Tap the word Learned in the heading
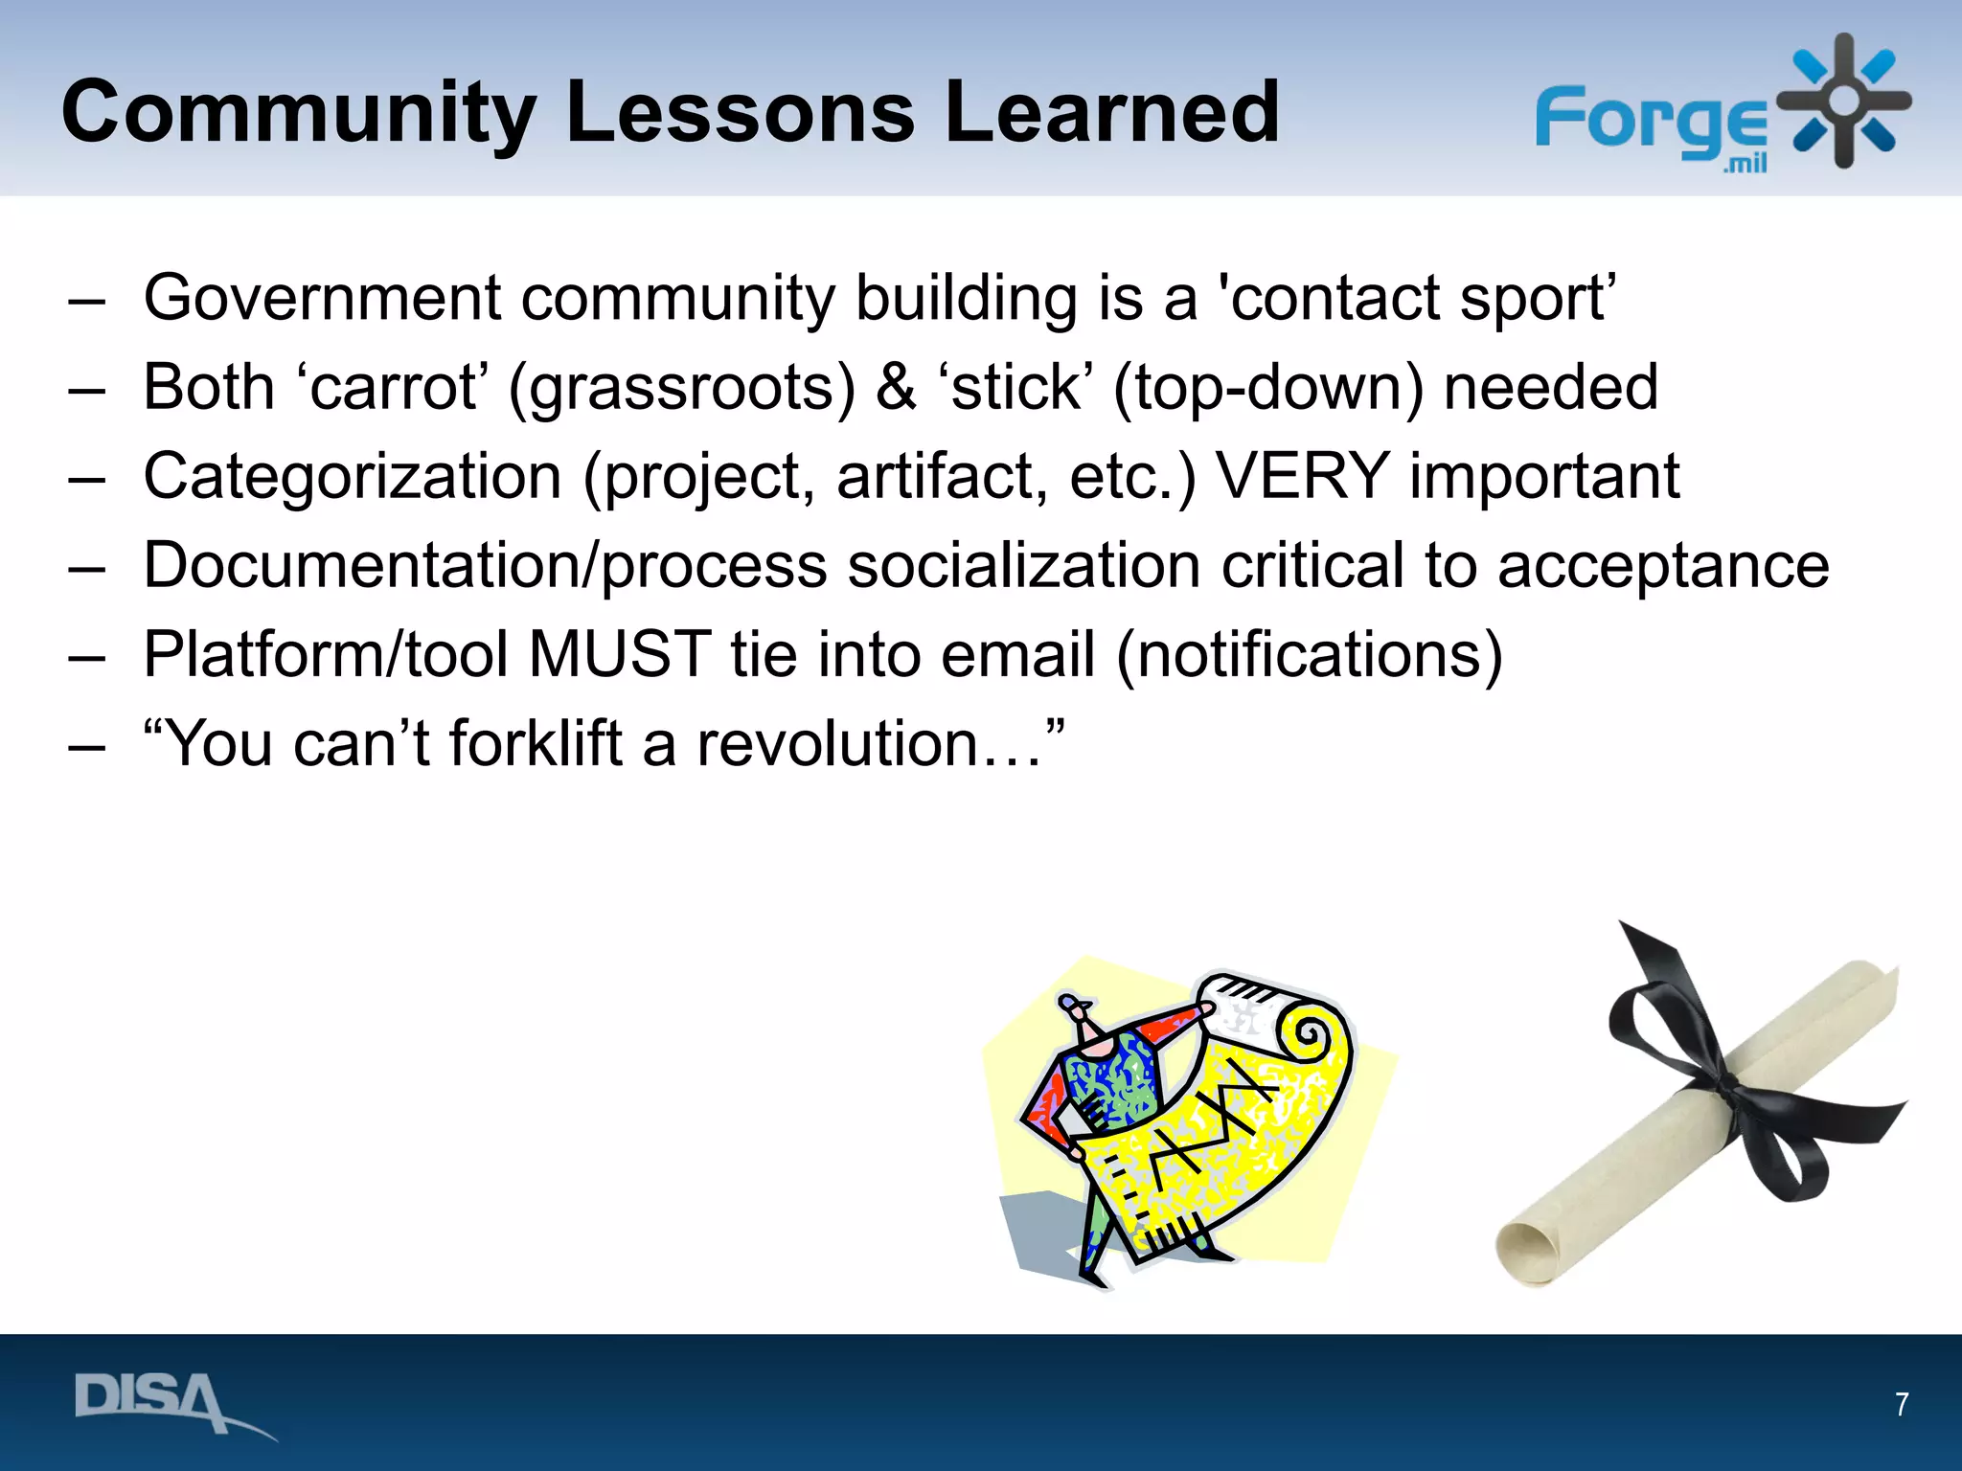[x=1111, y=113]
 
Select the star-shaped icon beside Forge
[x=1843, y=102]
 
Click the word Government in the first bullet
[x=322, y=299]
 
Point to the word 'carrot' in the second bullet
[x=393, y=388]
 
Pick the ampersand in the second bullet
[x=896, y=388]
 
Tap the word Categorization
[x=352, y=477]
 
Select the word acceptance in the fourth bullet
[x=1663, y=566]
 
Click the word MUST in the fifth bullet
[x=619, y=655]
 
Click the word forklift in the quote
[x=536, y=744]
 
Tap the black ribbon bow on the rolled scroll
[x=1724, y=1082]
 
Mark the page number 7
[x=1902, y=1404]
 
